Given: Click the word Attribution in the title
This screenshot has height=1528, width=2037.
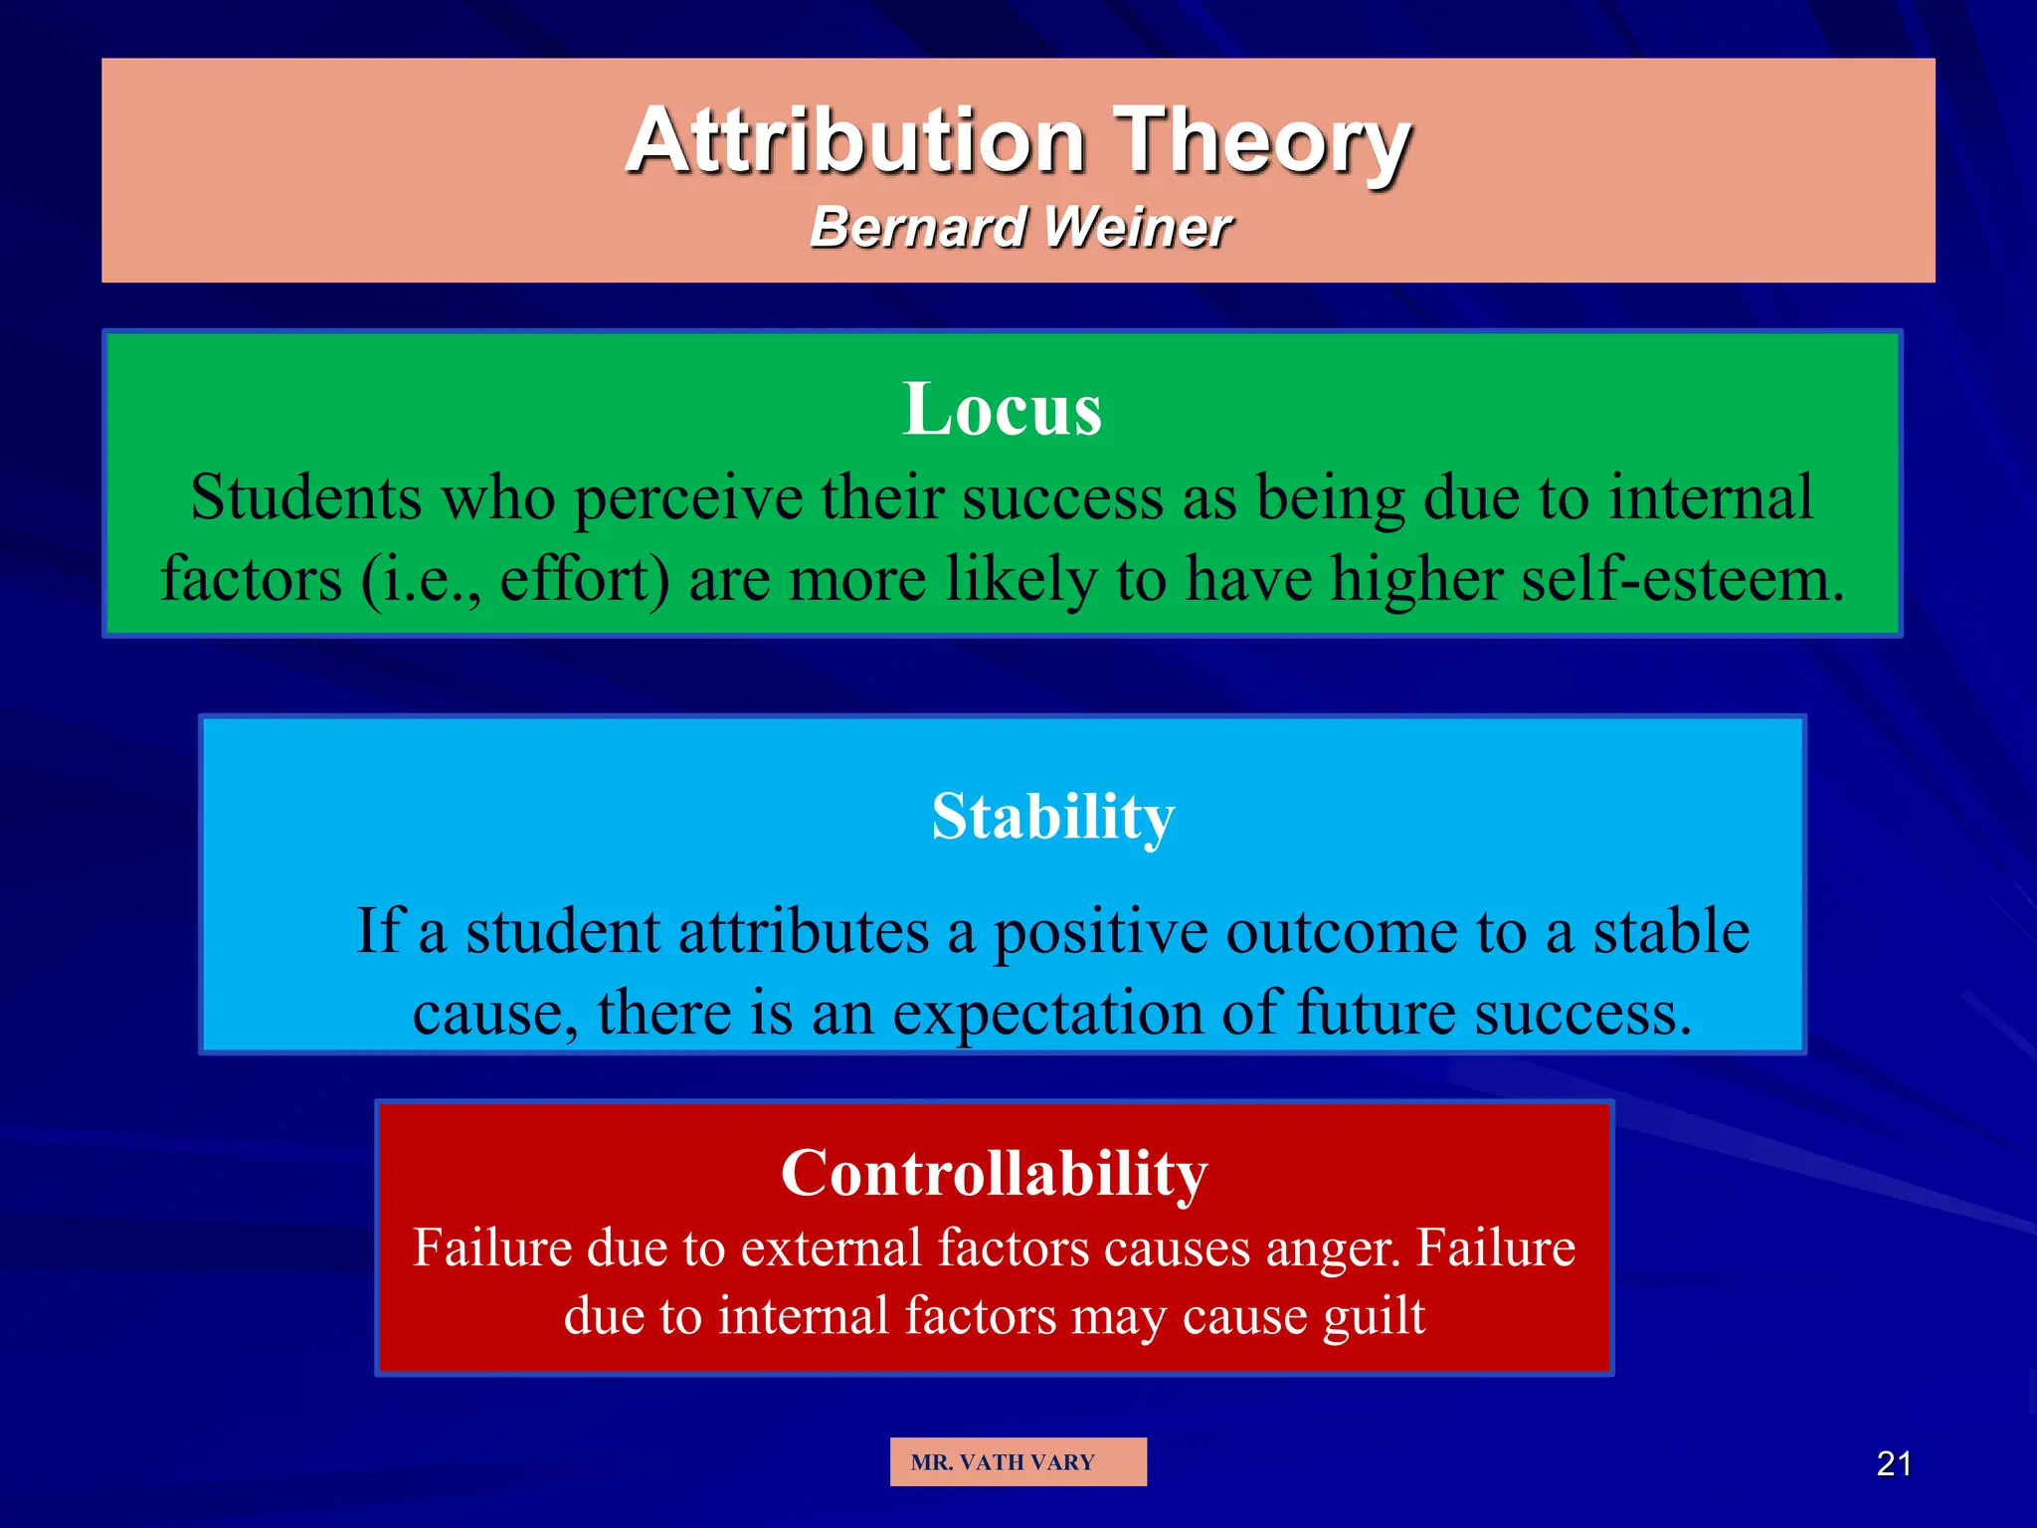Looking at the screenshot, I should coord(855,141).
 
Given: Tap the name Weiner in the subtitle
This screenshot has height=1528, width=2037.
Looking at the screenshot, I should coord(1138,228).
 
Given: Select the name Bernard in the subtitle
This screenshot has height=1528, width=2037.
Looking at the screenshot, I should coord(918,228).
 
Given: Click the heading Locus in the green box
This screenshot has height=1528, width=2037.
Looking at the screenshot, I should coord(1003,409).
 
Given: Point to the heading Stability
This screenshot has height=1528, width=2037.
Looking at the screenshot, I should coord(1053,817).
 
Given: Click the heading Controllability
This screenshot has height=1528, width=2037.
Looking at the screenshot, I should coord(994,1173).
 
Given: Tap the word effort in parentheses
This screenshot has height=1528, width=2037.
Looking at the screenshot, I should coord(585,580).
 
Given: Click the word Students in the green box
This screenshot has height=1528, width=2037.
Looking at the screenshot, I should coord(306,497).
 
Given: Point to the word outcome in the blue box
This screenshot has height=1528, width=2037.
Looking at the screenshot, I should coord(1342,933).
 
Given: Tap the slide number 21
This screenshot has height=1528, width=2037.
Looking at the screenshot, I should coord(1893,1464).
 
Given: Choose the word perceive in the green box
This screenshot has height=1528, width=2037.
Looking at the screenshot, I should coord(688,497).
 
